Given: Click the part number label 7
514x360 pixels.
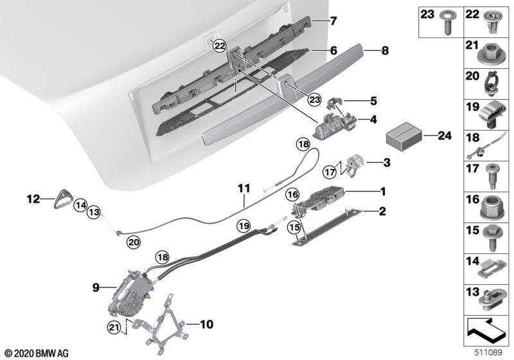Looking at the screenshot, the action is [x=333, y=21].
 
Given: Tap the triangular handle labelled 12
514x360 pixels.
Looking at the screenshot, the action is [x=63, y=199].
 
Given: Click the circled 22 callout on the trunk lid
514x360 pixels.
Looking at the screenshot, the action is [x=219, y=46].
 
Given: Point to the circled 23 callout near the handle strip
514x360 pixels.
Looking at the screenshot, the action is [x=314, y=100].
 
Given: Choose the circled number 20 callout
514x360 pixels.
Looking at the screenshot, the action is [x=134, y=242].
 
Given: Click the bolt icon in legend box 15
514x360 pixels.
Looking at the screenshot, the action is [x=490, y=239].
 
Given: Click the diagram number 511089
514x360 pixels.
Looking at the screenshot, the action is [x=488, y=353].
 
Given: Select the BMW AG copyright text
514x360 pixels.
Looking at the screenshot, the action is [x=37, y=354].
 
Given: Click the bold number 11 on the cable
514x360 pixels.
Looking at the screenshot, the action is [x=244, y=188].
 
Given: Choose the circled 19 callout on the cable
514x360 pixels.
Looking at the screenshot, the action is [x=244, y=226].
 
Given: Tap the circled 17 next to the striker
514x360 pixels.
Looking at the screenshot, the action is [x=330, y=172].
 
